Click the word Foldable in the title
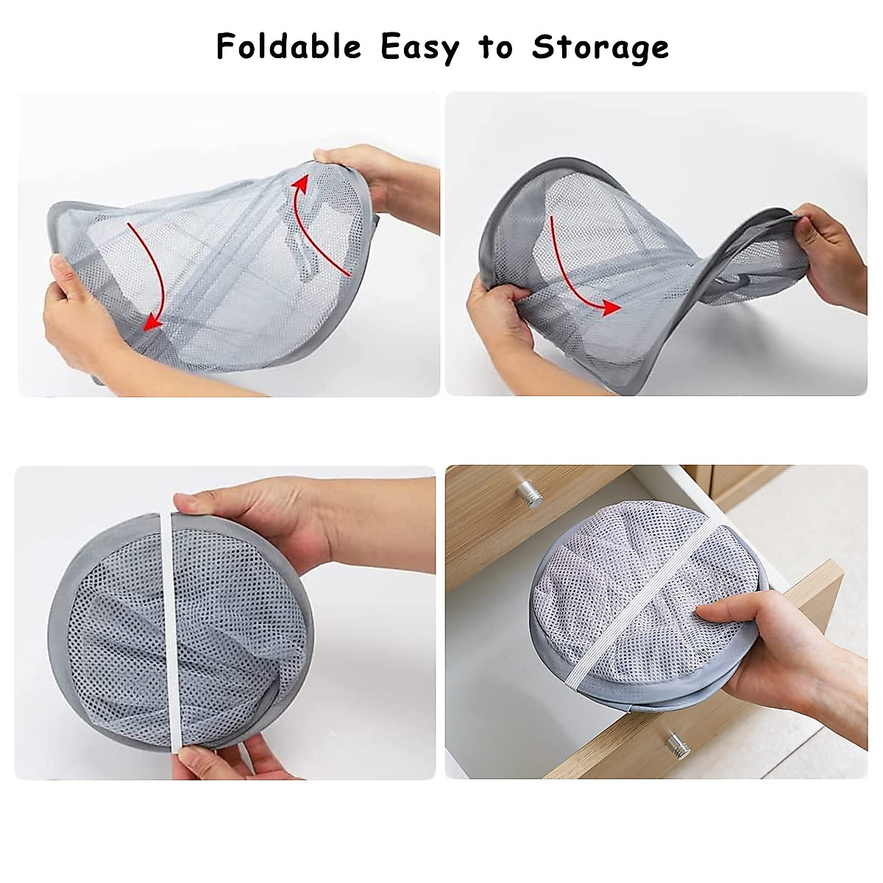point(289,47)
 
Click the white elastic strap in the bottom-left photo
point(169,633)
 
